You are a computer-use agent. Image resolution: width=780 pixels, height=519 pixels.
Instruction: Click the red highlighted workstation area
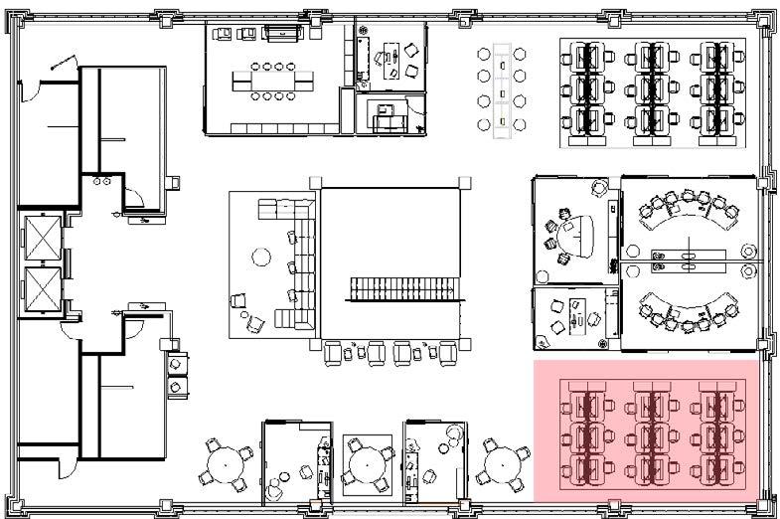click(651, 431)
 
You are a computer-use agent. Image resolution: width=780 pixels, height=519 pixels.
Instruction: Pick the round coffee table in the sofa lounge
click(261, 257)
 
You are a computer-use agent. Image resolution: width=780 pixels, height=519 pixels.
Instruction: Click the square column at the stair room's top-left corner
click(315, 181)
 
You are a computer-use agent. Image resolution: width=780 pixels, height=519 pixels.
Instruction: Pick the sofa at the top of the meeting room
click(283, 33)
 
